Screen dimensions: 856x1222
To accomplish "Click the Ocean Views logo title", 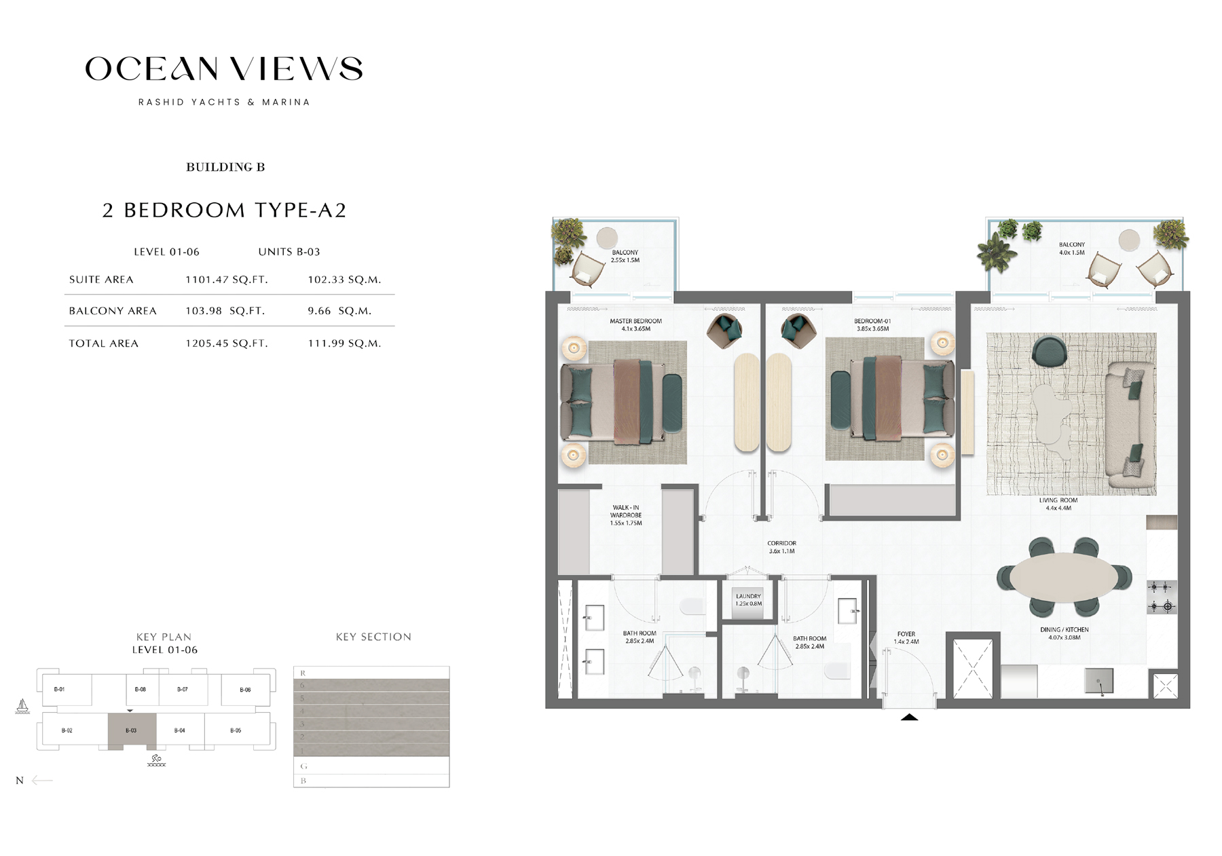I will point(224,69).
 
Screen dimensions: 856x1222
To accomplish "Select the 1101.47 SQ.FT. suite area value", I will point(227,280).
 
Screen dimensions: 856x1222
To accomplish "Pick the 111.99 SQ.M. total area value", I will point(344,343).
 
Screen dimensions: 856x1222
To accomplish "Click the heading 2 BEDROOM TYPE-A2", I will point(224,210).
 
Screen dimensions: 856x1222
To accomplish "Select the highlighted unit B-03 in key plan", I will point(132,730).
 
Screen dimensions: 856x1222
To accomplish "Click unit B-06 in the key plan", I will point(245,690).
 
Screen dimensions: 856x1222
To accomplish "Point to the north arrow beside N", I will point(42,780).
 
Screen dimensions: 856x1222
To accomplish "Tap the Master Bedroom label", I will point(635,324).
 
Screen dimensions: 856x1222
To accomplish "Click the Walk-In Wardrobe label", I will point(625,515).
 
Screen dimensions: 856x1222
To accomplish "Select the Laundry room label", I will point(748,599).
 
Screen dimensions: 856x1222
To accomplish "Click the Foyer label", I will point(906,637).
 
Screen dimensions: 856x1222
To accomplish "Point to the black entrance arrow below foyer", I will point(909,717).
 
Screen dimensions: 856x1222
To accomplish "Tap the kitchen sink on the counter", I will point(1098,680).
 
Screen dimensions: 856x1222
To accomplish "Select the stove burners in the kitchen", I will point(1161,597).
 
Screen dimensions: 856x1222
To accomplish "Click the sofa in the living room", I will point(1128,426).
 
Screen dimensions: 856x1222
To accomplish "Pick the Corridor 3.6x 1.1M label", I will point(781,547).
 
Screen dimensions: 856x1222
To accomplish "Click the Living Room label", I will point(1058,504).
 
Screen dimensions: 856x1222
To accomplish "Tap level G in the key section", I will point(371,766).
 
